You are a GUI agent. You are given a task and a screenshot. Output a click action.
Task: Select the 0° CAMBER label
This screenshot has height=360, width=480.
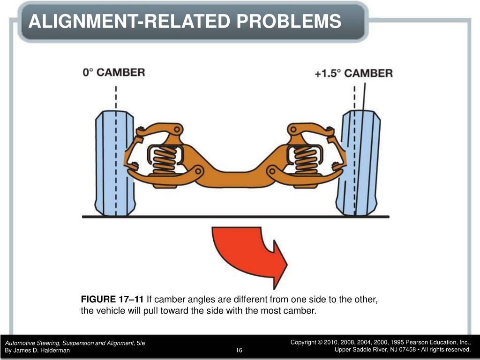(x=114, y=73)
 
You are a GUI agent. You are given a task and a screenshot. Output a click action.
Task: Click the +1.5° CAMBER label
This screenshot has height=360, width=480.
(x=353, y=73)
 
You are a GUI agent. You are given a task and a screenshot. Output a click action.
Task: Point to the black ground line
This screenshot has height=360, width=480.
(x=234, y=217)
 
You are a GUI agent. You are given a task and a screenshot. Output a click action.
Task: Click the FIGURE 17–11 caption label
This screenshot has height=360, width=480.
(x=112, y=300)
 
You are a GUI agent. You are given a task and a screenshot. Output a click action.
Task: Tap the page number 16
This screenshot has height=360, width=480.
(x=239, y=351)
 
